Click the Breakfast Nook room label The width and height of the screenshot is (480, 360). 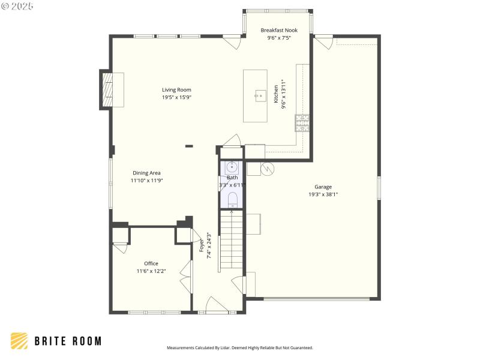click(278, 30)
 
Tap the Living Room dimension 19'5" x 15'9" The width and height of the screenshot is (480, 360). click(176, 97)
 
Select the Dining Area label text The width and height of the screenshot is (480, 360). click(146, 173)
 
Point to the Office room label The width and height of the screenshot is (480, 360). click(151, 263)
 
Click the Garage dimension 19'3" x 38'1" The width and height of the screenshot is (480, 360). click(323, 194)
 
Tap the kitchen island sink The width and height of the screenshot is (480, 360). click(260, 95)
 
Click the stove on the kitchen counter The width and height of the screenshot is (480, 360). click(302, 122)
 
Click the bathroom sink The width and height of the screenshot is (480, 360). click(232, 167)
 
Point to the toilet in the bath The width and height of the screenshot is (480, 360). click(232, 198)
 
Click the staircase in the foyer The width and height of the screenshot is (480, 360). click(232, 240)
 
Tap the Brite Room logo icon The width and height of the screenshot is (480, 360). click(19, 341)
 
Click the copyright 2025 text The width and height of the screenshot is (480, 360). click(17, 5)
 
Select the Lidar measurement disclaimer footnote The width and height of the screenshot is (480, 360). click(239, 347)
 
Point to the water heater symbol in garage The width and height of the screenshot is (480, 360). click(268, 169)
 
